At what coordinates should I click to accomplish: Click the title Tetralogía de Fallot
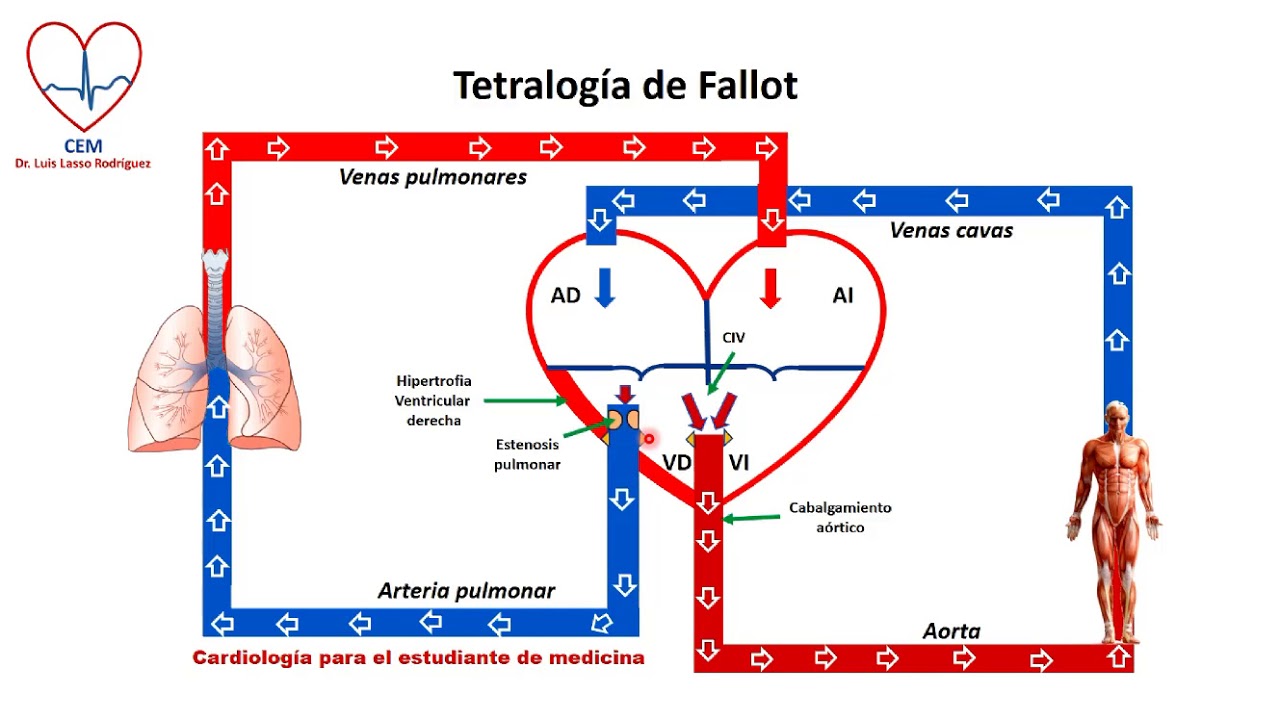pyautogui.click(x=625, y=86)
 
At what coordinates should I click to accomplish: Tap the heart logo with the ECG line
pyautogui.click(x=84, y=75)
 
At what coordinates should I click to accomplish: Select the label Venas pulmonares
pyautogui.click(x=433, y=177)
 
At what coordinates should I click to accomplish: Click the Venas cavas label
pyautogui.click(x=951, y=230)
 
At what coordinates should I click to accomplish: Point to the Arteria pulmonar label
pyautogui.click(x=466, y=591)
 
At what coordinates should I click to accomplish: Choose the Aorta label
pyautogui.click(x=951, y=631)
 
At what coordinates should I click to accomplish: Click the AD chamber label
pyautogui.click(x=565, y=296)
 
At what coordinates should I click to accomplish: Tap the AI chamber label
pyautogui.click(x=843, y=296)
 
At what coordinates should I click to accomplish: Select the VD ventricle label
pyautogui.click(x=677, y=462)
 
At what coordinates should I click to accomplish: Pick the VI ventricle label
pyautogui.click(x=739, y=462)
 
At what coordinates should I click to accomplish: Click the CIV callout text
pyautogui.click(x=734, y=338)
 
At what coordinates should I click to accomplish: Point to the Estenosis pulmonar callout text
pyautogui.click(x=527, y=454)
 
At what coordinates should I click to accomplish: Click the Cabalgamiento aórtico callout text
pyautogui.click(x=840, y=517)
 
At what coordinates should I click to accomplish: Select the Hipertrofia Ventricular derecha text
pyautogui.click(x=433, y=401)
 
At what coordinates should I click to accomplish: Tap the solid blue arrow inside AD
pyautogui.click(x=604, y=288)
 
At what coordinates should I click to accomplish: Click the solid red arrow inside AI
pyautogui.click(x=770, y=288)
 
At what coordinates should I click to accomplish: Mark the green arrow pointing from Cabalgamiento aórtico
pyautogui.click(x=751, y=518)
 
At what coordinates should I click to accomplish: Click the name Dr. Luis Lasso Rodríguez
pyautogui.click(x=83, y=163)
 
